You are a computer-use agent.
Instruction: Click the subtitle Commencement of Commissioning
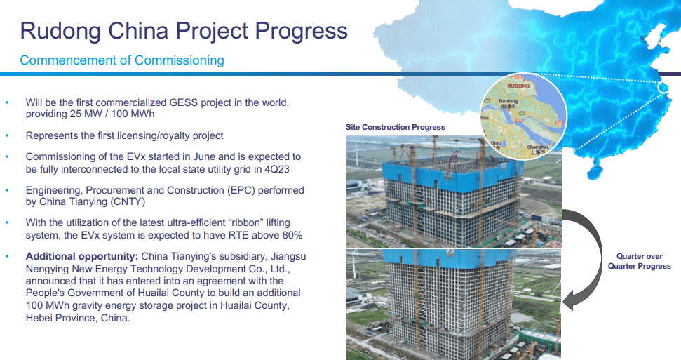click(x=122, y=60)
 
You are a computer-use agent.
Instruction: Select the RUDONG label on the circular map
click(x=518, y=86)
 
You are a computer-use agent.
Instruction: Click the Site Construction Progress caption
click(x=396, y=127)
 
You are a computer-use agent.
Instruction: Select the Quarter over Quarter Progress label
click(x=640, y=261)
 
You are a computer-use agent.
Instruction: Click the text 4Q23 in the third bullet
click(x=276, y=169)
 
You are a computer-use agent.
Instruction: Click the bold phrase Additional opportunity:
click(x=81, y=256)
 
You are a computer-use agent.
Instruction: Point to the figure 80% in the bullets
click(x=292, y=235)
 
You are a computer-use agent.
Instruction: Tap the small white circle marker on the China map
click(x=663, y=88)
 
